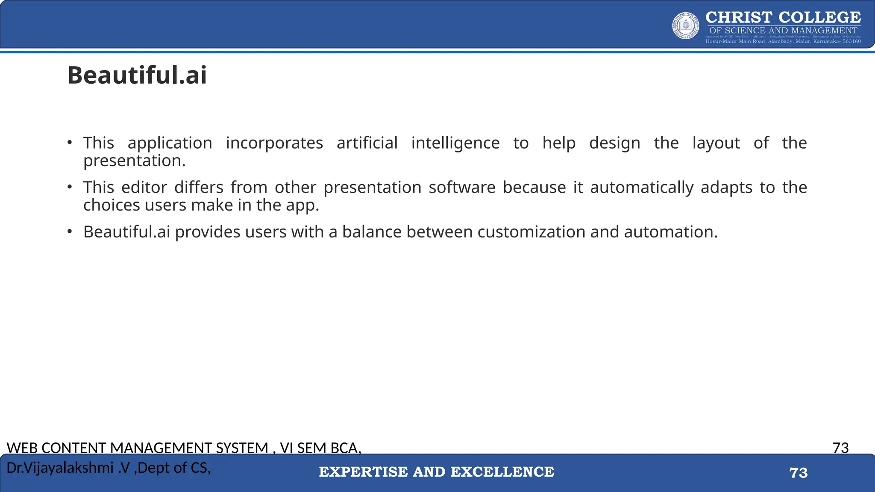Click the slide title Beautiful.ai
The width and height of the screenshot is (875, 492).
(137, 76)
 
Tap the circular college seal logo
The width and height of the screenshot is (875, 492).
(686, 26)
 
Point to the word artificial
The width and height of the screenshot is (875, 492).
(367, 143)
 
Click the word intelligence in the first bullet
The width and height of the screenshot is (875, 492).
(455, 143)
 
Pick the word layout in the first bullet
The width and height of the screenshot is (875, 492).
(716, 143)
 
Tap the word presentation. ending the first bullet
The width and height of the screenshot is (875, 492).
(135, 161)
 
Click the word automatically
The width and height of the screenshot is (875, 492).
(642, 187)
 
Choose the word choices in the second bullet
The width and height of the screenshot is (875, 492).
(112, 205)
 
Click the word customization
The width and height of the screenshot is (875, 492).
(531, 232)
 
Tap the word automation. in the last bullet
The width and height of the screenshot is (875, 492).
(671, 232)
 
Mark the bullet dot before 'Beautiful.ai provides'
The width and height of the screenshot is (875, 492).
(70, 231)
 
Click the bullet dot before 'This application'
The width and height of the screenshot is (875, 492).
(70, 143)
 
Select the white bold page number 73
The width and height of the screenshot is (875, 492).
(799, 473)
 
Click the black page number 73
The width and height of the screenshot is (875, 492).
(840, 448)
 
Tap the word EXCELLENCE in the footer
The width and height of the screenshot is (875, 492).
(502, 472)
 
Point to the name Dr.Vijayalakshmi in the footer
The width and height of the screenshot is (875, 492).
(60, 468)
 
